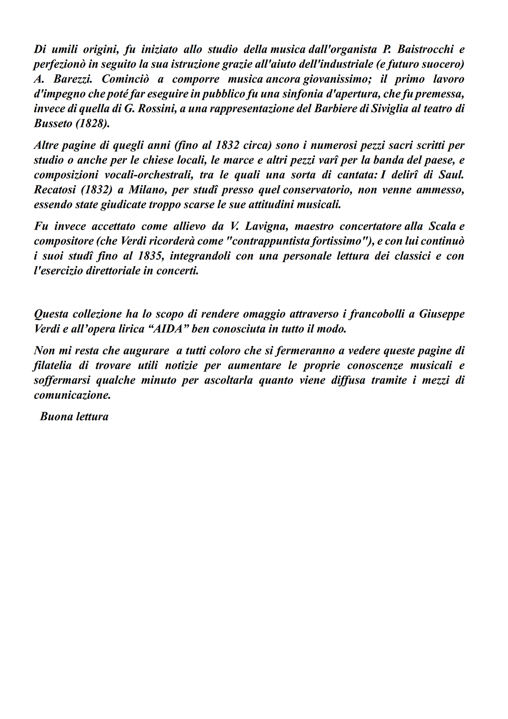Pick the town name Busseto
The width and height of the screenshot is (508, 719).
[x=53, y=123]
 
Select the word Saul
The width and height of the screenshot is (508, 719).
[x=454, y=175]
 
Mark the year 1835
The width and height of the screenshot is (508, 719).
[x=151, y=256]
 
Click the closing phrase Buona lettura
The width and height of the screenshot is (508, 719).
[x=74, y=417]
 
